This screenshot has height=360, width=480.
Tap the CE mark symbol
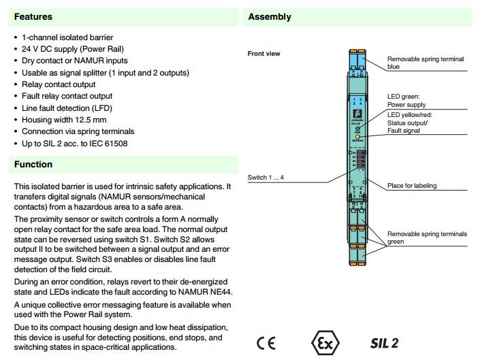coord(266,342)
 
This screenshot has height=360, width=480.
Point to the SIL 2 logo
coord(384,342)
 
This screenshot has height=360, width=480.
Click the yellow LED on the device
coord(357,137)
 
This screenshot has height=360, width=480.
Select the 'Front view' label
coord(263,53)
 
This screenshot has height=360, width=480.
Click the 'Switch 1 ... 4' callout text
coord(266,178)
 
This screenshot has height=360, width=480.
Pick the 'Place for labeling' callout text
coord(412,185)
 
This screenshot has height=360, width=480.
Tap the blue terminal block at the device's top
coord(357,65)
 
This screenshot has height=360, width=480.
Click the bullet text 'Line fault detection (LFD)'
coord(67,108)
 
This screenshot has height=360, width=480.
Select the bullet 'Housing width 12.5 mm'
coord(65,119)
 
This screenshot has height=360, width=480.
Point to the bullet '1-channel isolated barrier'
coord(67,37)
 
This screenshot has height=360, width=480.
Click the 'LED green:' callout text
coord(403,97)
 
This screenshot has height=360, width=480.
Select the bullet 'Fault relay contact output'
coord(67,96)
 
